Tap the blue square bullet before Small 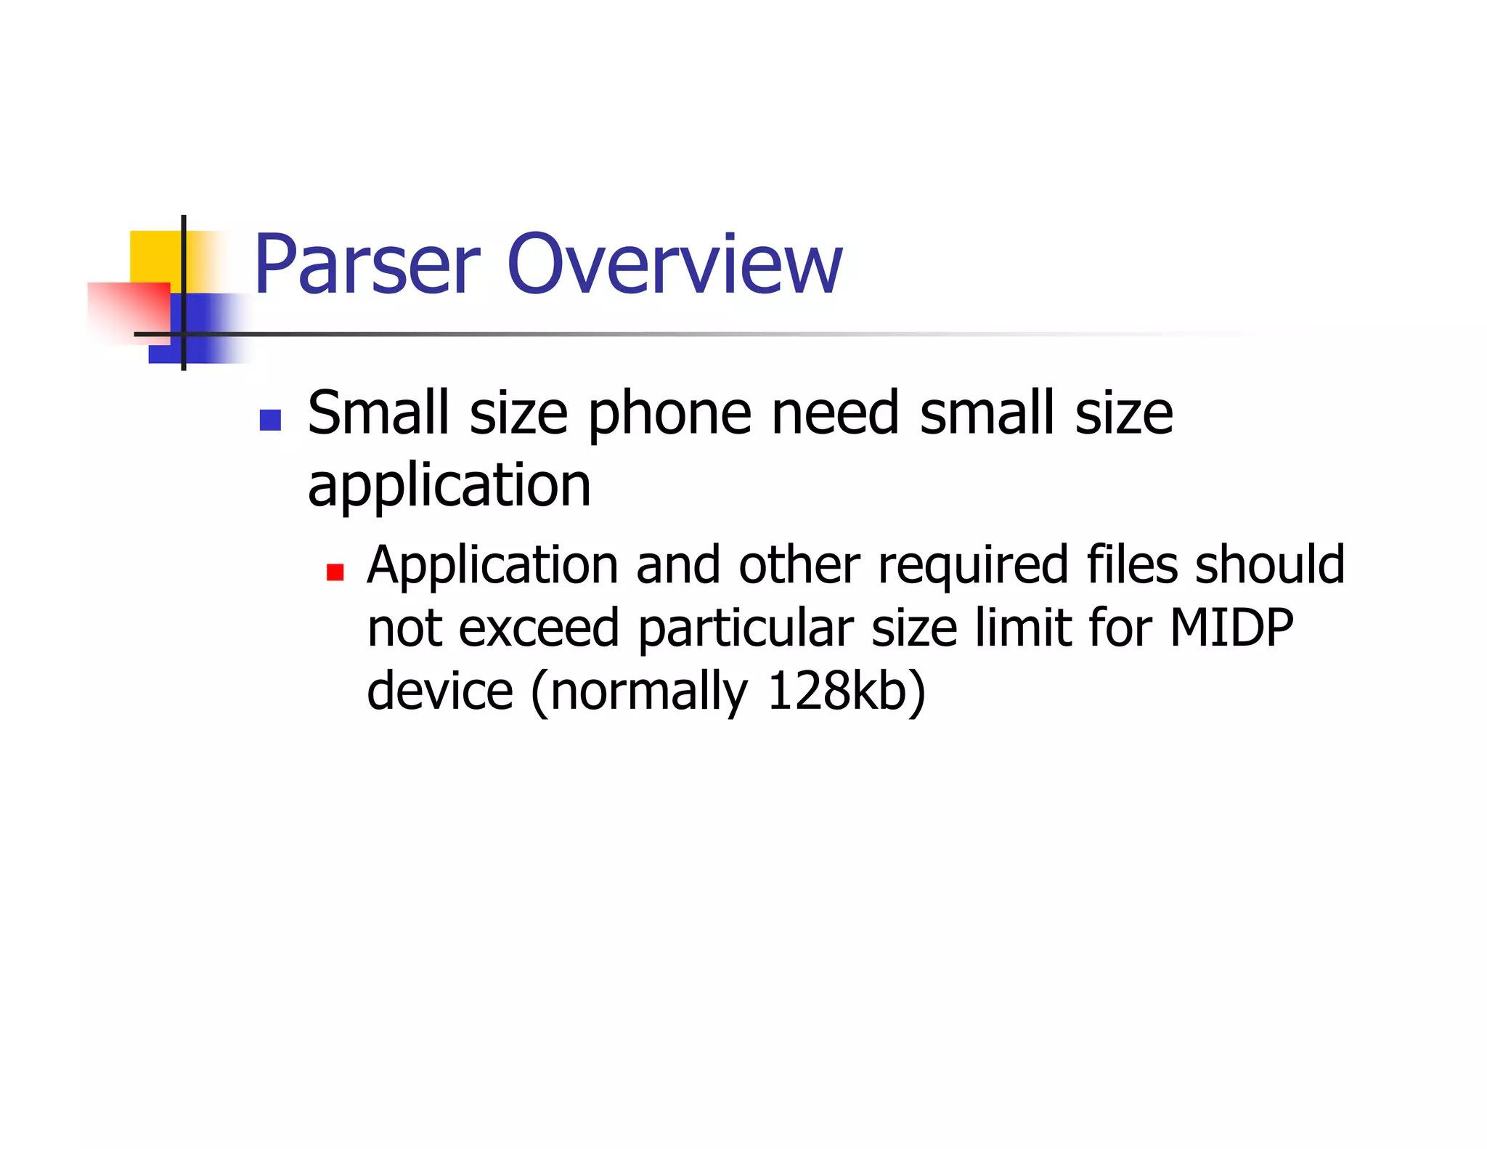coord(270,421)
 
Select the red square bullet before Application coord(335,573)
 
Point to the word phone coord(669,414)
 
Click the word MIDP coord(1231,628)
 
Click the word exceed coord(539,628)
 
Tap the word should coord(1270,564)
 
